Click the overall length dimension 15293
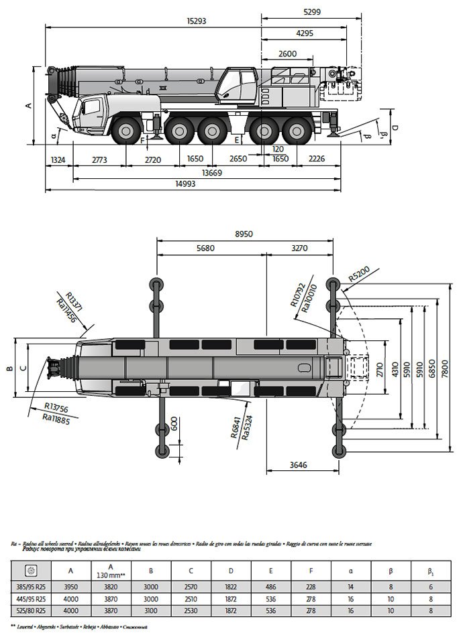196,21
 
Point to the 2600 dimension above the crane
287,54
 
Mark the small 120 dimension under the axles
278,149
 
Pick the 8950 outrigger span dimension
244,234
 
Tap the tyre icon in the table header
31,571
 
